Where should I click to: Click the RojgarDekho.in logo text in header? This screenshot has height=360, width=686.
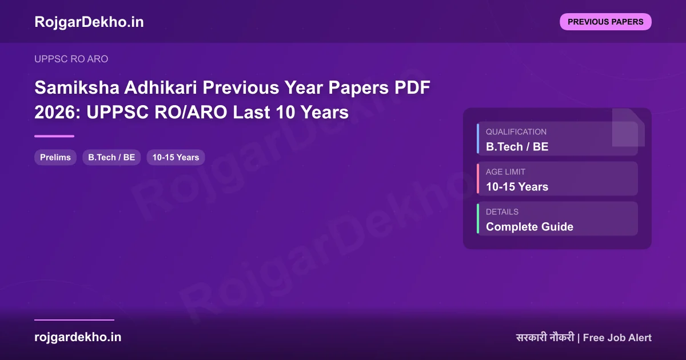coord(89,22)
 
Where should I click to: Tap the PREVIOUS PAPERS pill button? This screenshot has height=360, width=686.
coord(605,22)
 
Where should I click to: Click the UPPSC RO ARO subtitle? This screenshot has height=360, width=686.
coord(71,59)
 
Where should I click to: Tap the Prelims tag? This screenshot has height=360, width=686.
coord(55,157)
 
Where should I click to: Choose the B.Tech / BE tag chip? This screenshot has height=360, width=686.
coord(111,157)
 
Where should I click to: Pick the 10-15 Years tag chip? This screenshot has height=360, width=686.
coord(176,157)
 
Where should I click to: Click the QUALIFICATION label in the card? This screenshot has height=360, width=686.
coord(516,131)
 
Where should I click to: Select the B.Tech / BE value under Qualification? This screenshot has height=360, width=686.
coord(517,147)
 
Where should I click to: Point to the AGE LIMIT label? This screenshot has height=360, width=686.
coord(505,171)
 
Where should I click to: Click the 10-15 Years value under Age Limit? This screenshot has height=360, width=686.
coord(517,187)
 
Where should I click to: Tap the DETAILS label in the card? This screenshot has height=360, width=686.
coord(502,211)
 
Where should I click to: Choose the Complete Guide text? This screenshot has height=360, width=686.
coord(529,227)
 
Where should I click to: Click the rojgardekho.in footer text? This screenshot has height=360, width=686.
coord(78,337)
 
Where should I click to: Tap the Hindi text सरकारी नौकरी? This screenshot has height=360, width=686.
coord(545,338)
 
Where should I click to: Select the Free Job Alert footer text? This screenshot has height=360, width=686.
coord(617,338)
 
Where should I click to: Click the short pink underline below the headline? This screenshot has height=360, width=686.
coord(54,136)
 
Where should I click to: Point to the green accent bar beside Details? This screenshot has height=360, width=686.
coord(478,218)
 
